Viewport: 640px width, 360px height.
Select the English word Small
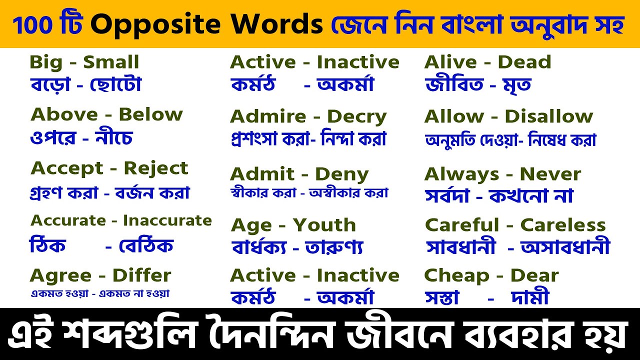(111, 62)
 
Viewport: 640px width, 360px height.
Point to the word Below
(150, 114)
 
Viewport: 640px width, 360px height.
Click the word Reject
(156, 168)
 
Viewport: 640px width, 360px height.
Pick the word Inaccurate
(167, 220)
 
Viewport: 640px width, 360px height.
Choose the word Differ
(141, 275)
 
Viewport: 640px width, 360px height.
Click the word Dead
(524, 62)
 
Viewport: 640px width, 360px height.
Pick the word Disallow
(548, 116)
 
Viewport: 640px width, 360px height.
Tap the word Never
(550, 174)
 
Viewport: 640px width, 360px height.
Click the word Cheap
(456, 275)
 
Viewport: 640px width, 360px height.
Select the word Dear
(534, 275)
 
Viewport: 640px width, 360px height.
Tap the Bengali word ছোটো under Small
(115, 85)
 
